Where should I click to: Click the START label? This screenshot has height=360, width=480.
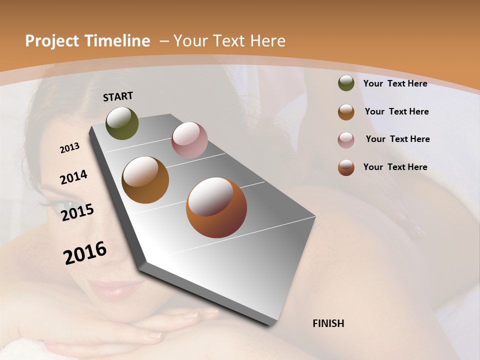[x=118, y=96]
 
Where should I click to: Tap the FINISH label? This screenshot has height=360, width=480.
[x=328, y=323]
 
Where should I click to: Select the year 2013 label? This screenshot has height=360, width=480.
[x=69, y=148]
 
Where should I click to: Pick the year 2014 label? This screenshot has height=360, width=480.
[x=73, y=177]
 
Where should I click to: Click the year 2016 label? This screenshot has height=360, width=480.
[x=85, y=253]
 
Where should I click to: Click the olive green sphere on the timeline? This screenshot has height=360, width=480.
[x=122, y=123]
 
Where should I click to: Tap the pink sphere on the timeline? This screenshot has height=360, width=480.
[x=189, y=140]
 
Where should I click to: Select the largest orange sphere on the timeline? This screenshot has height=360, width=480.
[x=216, y=207]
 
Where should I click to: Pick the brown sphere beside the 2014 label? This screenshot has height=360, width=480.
[x=145, y=180]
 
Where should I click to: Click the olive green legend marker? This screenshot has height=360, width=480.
[x=346, y=83]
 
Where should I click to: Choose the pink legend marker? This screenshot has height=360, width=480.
[x=346, y=140]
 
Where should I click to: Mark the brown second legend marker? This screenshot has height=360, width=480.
[x=346, y=112]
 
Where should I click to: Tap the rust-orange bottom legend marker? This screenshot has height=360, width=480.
[x=346, y=167]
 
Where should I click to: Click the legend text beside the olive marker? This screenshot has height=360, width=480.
[x=395, y=84]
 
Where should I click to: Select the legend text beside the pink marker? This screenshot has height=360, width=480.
[x=397, y=139]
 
